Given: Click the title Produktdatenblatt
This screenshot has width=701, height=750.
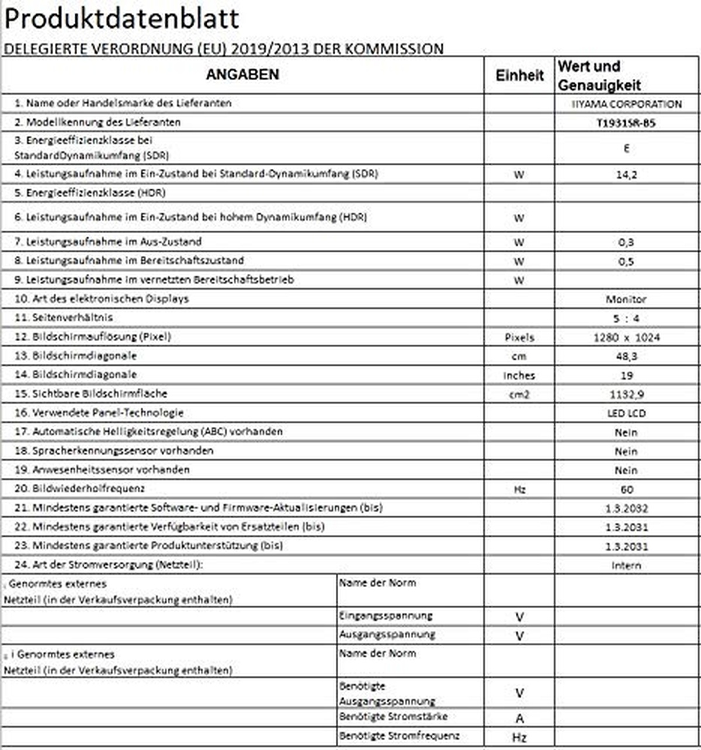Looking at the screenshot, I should point(122,19).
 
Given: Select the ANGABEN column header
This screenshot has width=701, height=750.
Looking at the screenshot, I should point(242,75).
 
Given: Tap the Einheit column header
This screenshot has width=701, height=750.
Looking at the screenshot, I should point(519,75).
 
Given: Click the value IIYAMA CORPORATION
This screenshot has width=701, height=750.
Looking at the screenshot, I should point(626,104).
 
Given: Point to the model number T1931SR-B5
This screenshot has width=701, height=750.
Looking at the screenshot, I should point(626,123).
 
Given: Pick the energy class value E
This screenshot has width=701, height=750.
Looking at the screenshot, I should point(626,148).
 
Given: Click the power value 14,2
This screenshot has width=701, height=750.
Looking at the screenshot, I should point(626,174).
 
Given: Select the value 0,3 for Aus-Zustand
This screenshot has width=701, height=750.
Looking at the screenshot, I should point(626,242).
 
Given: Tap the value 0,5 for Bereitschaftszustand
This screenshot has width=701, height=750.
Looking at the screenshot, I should point(626,261).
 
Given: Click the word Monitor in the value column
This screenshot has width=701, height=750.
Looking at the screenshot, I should point(626,299).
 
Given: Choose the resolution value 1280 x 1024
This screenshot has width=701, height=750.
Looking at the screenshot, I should point(626,338).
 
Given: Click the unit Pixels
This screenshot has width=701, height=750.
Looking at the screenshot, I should point(519,338).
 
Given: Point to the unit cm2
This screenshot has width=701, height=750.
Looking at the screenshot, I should point(519,394).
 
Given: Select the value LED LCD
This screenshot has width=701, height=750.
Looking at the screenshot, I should point(626,414).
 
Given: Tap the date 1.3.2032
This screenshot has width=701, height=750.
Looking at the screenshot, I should point(626,509).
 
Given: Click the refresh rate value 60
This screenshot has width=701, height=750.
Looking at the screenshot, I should point(626,489).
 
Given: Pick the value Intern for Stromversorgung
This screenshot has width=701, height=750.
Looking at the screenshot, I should point(626,565).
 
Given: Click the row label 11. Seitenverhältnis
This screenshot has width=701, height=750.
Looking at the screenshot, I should point(64,318).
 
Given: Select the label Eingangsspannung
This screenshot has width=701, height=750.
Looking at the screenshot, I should point(386,616).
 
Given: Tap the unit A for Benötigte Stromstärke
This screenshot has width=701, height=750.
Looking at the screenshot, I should point(519,718).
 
